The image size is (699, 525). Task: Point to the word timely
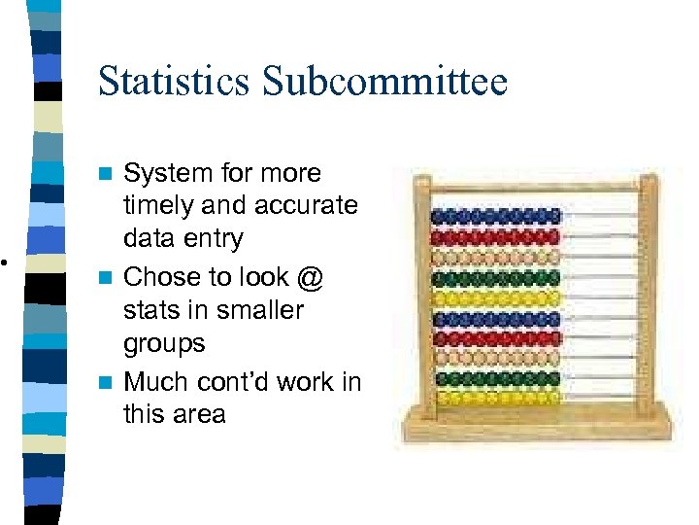160,206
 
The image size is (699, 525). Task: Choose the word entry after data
210,239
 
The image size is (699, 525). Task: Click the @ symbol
309,278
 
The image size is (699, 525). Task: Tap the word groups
164,344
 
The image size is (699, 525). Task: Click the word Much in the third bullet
159,381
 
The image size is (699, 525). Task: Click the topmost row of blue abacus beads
496,216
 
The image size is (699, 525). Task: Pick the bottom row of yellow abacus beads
496,398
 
